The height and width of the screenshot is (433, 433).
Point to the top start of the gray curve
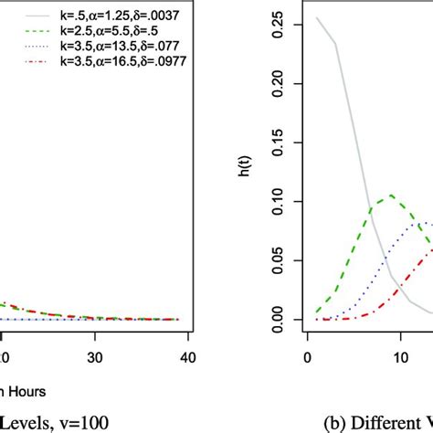pyautogui.click(x=318, y=17)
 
